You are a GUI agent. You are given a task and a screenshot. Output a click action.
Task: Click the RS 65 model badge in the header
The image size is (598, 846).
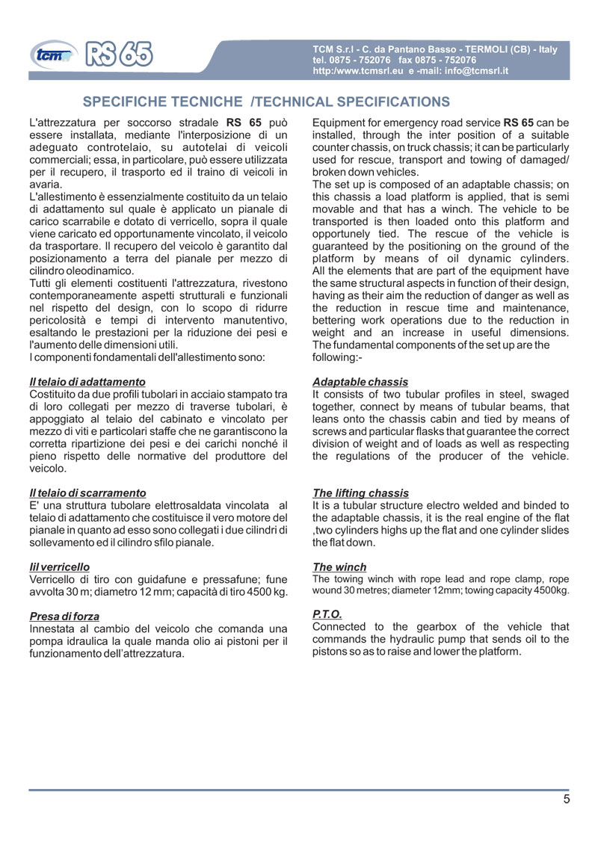(x=120, y=54)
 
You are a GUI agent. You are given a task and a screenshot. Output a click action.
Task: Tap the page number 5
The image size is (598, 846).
(x=567, y=799)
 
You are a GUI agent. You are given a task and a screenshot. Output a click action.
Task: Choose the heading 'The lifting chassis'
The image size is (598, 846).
(x=360, y=493)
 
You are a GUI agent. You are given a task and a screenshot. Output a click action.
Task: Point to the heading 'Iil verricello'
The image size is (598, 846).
(x=59, y=567)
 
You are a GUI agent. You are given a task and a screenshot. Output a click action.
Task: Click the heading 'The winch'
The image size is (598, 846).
(x=339, y=567)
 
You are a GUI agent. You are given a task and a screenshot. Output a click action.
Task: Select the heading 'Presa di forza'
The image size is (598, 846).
(x=64, y=617)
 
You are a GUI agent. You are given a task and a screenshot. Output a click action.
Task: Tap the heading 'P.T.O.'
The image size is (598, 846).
(x=327, y=614)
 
